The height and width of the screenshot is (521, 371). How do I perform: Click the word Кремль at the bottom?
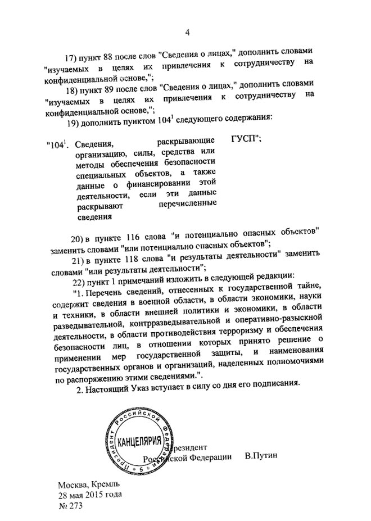(x=105, y=484)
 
